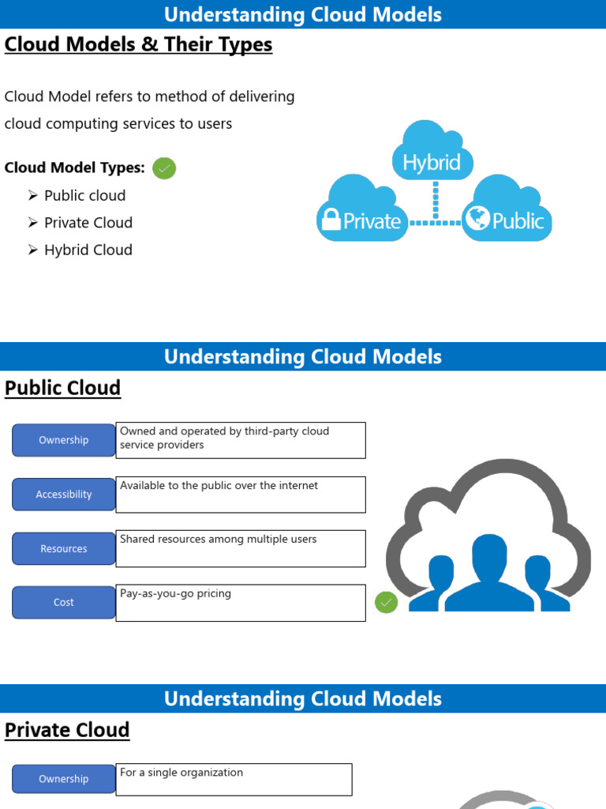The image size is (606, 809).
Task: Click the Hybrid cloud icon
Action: pos(432,155)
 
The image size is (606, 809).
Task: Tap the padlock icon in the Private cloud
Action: pos(330,220)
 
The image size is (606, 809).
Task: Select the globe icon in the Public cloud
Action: pos(477,217)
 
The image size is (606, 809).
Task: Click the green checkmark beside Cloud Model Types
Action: pos(164,168)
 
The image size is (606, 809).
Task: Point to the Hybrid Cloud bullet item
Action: pos(88,250)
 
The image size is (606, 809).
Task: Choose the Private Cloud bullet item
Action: pos(88,223)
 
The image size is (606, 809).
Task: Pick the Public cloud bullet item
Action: pos(84,195)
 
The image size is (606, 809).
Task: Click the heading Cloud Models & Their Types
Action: pos(138,45)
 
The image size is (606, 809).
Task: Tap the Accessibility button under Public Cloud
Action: pos(64,495)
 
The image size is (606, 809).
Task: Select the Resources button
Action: pos(64,548)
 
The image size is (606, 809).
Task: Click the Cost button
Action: pos(64,602)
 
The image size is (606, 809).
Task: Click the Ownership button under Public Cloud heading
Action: pos(64,440)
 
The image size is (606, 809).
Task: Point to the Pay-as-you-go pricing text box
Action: pos(241,603)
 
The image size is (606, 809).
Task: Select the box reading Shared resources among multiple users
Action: pos(241,548)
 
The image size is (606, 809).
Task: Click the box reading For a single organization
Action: pos(234,779)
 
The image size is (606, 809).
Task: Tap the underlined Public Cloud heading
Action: pos(63,388)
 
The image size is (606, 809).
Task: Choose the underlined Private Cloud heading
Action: pos(67,730)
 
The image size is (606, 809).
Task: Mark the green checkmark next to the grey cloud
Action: pos(386,603)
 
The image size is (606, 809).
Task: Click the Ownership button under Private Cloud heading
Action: pos(64,779)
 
